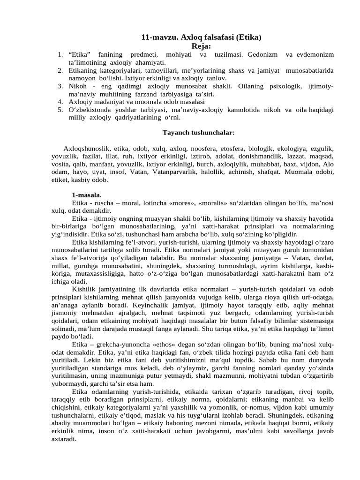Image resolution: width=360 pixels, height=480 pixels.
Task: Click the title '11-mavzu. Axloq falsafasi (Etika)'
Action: (201, 38)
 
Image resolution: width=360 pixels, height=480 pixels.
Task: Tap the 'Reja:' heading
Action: (202, 46)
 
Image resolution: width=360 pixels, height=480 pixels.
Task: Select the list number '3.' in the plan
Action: (60, 86)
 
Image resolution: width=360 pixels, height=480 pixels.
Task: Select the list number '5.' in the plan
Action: (60, 110)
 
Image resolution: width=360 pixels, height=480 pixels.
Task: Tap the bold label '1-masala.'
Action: (87, 195)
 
